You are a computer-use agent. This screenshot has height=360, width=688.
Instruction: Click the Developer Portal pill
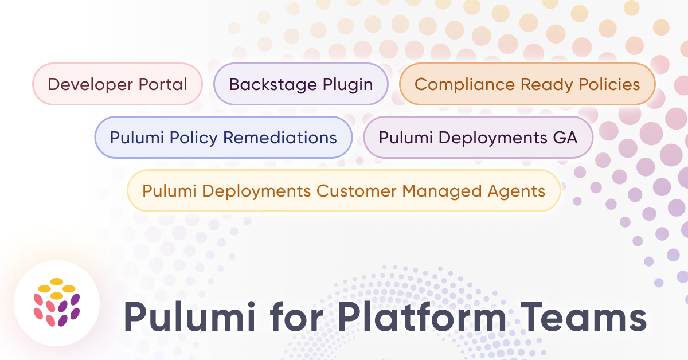pyautogui.click(x=118, y=84)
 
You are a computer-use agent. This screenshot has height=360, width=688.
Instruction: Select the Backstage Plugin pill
pyautogui.click(x=300, y=84)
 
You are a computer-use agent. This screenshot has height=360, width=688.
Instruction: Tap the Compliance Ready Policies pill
pyautogui.click(x=527, y=84)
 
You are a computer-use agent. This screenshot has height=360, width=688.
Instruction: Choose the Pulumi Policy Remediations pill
pyautogui.click(x=223, y=138)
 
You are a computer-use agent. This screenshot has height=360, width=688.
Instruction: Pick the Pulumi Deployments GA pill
pyautogui.click(x=478, y=138)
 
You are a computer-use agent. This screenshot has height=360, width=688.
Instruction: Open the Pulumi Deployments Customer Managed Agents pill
pyautogui.click(x=343, y=191)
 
